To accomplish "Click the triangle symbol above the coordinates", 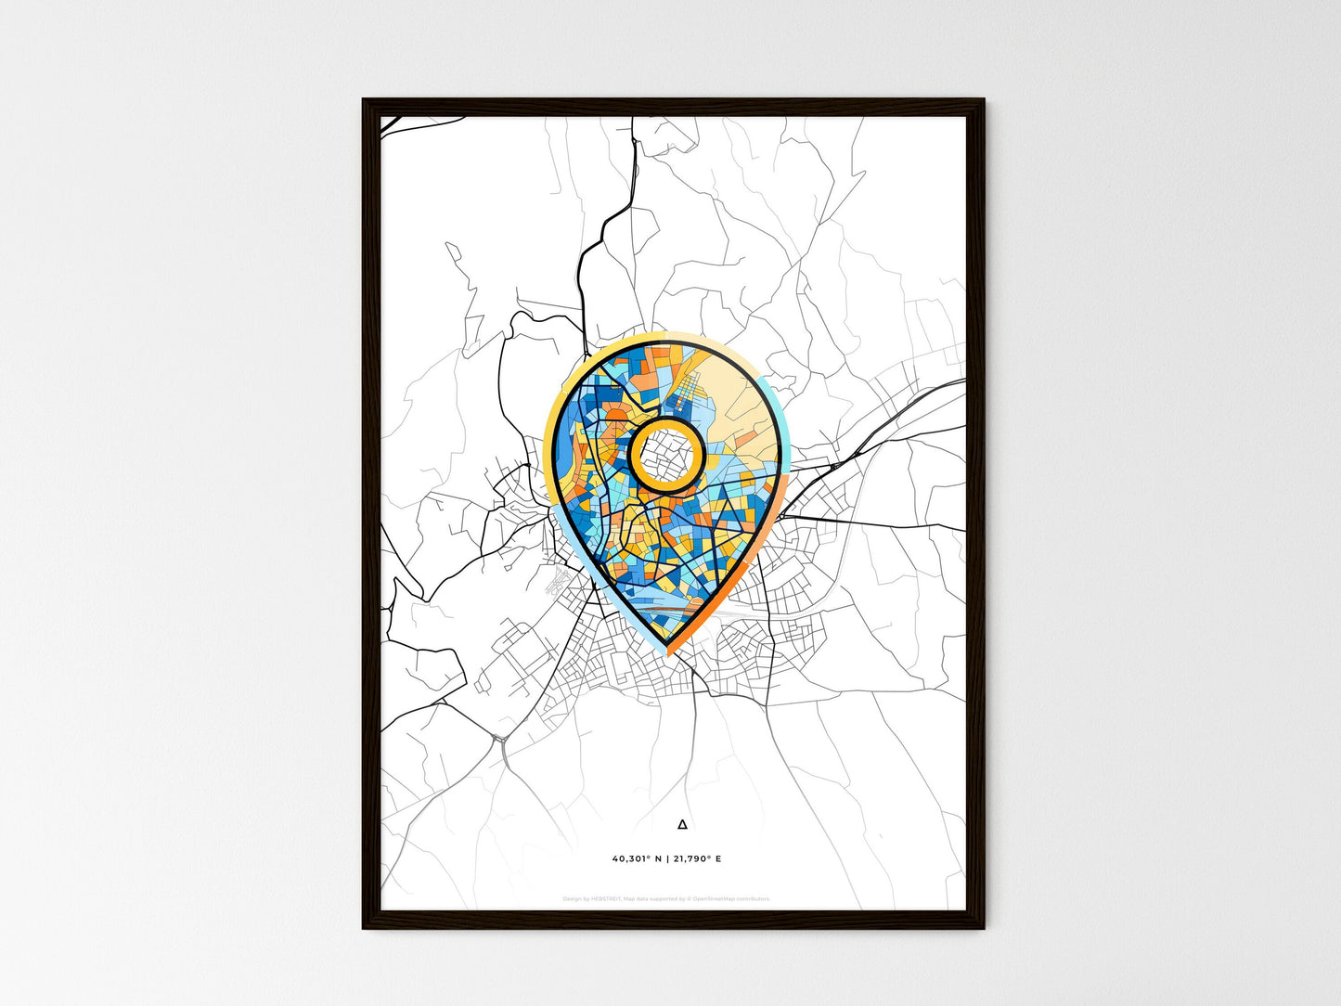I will coord(683,823).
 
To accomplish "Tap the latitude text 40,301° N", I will coord(637,858).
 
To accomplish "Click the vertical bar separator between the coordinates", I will coord(667,858).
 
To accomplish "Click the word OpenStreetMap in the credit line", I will coord(711,898).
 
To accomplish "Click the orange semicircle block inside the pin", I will coord(614,414).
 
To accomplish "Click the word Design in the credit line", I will coord(572,898).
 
